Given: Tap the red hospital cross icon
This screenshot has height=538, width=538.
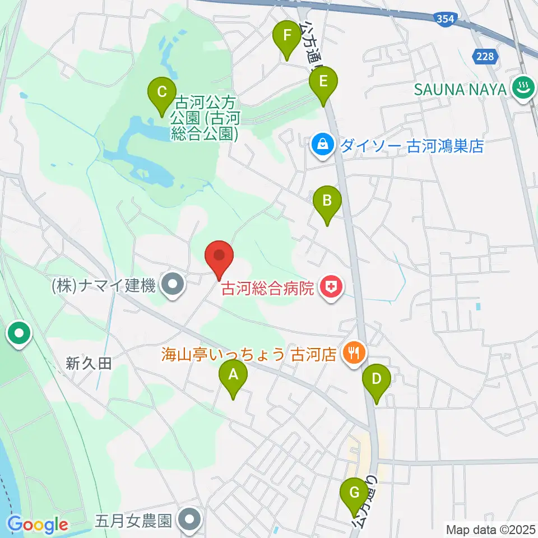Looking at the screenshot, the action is click(x=331, y=289).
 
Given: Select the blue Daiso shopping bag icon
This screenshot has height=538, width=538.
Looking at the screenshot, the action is click(x=323, y=146).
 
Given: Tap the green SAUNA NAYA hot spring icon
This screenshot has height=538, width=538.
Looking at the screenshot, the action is click(x=525, y=88).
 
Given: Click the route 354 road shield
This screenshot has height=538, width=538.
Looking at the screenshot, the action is click(x=444, y=19).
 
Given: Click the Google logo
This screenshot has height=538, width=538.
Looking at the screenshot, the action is click(x=38, y=525).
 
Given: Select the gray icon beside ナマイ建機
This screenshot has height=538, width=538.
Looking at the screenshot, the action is click(x=172, y=286).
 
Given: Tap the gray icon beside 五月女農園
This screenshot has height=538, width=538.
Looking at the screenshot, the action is click(x=190, y=521).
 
